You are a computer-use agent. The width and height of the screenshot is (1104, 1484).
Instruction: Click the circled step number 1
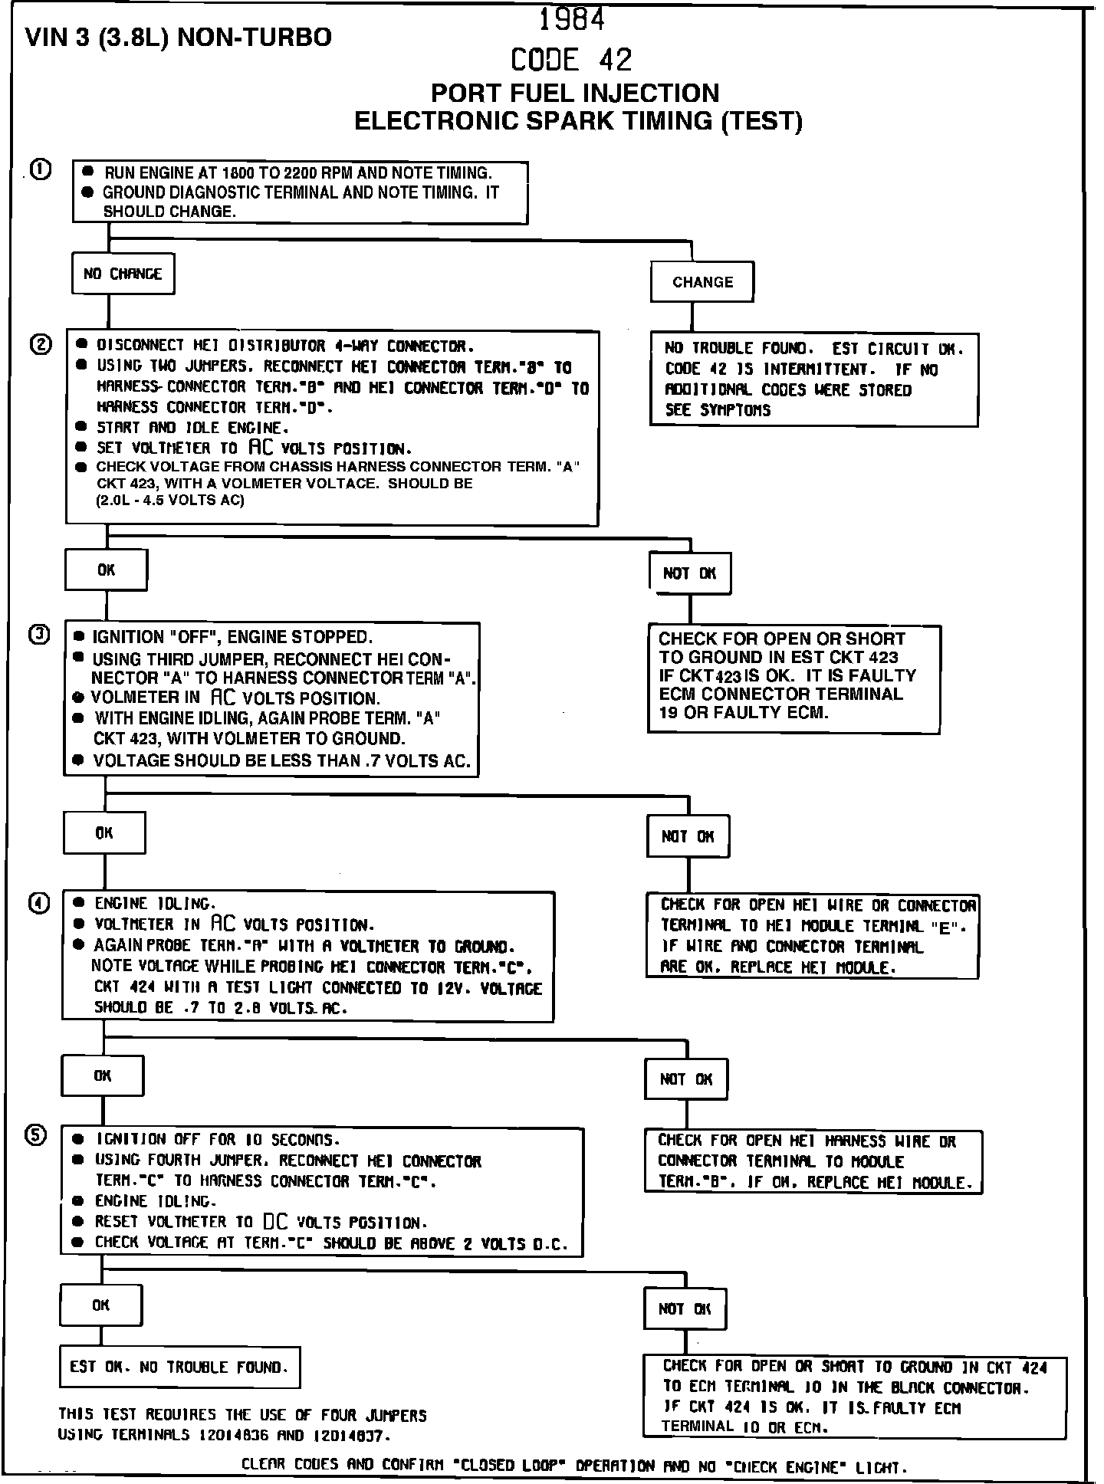pos(41,169)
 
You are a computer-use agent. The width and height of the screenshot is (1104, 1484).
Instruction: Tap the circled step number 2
pos(40,345)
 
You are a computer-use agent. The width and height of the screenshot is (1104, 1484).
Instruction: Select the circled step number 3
pos(39,635)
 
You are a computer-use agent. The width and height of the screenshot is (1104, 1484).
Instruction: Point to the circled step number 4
pos(38,903)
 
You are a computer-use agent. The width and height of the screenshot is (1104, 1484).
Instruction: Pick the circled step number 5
pos(36,1135)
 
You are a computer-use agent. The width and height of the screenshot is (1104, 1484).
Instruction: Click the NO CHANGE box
pos(123,274)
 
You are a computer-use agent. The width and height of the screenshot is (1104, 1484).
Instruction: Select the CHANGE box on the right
pos(702,282)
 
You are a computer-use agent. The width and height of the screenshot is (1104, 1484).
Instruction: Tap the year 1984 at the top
pos(572,20)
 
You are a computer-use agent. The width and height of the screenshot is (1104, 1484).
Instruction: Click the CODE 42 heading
pos(572,60)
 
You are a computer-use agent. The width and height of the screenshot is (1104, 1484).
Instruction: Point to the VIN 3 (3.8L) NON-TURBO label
pos(179,37)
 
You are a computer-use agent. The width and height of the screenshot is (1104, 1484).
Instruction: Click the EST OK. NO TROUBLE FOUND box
pos(179,1367)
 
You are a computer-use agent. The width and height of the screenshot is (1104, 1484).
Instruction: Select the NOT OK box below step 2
pos(689,573)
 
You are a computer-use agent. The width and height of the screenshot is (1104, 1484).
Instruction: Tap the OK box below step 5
pos(101,1305)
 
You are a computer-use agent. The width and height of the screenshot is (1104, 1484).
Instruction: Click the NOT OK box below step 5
pos(685,1309)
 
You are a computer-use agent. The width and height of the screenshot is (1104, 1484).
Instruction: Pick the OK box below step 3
pos(104,833)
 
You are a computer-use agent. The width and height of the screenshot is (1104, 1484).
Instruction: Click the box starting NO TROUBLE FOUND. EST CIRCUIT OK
pos(813,379)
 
